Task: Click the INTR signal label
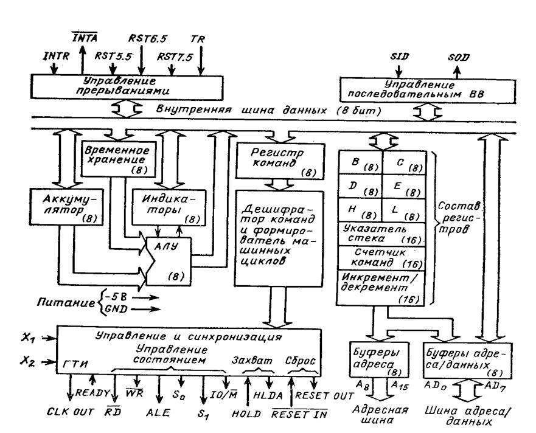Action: pyautogui.click(x=56, y=55)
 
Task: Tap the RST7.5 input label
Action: pyautogui.click(x=175, y=57)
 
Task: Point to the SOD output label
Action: pyautogui.click(x=458, y=57)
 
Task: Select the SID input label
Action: pyautogui.click(x=400, y=56)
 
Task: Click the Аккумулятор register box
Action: pyautogui.click(x=66, y=207)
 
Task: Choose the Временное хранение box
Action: pyautogui.click(x=119, y=159)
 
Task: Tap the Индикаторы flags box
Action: pyautogui.click(x=169, y=208)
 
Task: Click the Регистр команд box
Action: pyautogui.click(x=280, y=161)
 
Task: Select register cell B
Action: pyautogui.click(x=360, y=162)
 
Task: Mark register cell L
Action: pyautogui.click(x=404, y=210)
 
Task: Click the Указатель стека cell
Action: pyautogui.click(x=382, y=234)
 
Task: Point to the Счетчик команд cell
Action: pyautogui.click(x=382, y=258)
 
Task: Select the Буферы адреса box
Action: pyautogui.click(x=379, y=359)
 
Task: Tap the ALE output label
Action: pyautogui.click(x=158, y=413)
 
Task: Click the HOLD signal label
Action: pyautogui.click(x=246, y=414)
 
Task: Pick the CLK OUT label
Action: pyautogui.click(x=71, y=412)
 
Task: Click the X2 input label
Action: pyautogui.click(x=28, y=361)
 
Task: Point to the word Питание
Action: pyautogui.click(x=66, y=302)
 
